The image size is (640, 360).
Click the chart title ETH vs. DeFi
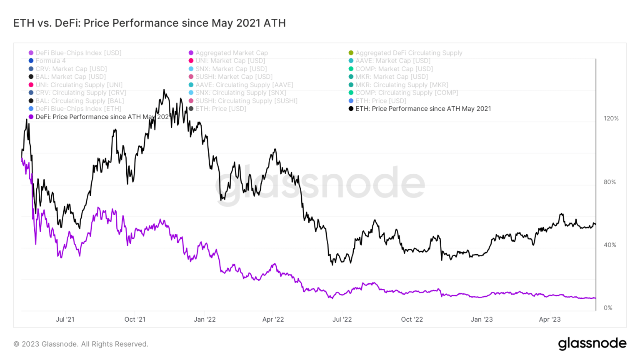(x=149, y=23)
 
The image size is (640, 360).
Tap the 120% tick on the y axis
(x=611, y=119)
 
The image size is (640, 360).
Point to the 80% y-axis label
(x=610, y=182)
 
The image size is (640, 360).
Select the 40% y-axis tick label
(x=610, y=245)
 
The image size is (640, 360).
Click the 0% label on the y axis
(x=608, y=308)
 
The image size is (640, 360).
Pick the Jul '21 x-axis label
(x=65, y=320)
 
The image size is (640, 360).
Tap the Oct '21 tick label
(x=135, y=320)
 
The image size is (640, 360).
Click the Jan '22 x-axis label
(x=205, y=320)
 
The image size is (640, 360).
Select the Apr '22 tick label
(x=273, y=320)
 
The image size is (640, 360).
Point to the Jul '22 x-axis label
(x=342, y=320)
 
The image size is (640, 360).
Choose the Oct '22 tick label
(x=412, y=320)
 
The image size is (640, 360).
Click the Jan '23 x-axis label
(x=482, y=320)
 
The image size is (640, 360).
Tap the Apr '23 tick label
(x=550, y=320)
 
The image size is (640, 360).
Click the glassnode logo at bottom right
(x=592, y=344)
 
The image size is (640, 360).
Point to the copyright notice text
(x=81, y=344)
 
